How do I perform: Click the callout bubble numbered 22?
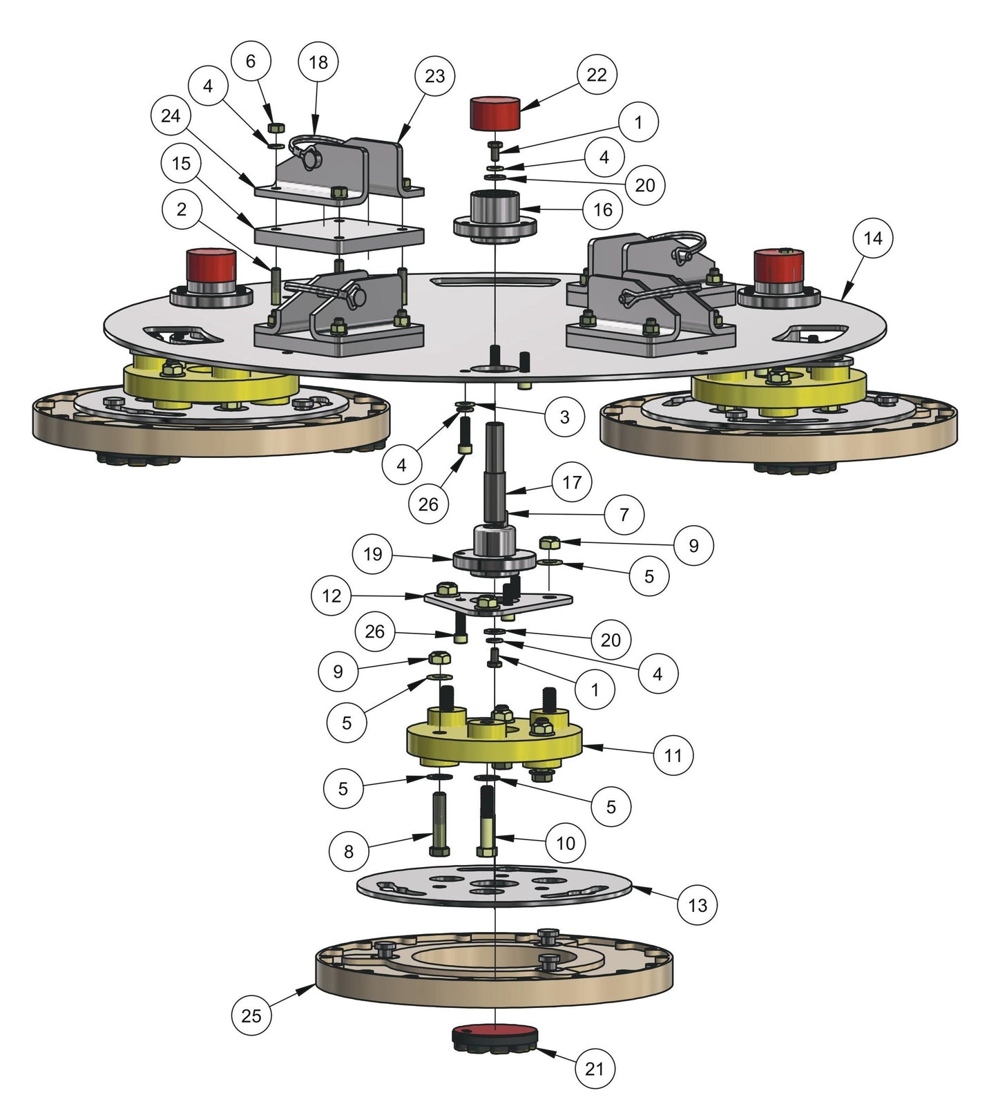pyautogui.click(x=596, y=75)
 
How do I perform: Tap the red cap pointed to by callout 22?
pyautogui.click(x=495, y=113)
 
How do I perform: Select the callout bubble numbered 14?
pyautogui.click(x=872, y=238)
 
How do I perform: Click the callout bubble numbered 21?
pyautogui.click(x=595, y=1069)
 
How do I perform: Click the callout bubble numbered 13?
pyautogui.click(x=698, y=905)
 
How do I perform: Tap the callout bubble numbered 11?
pyautogui.click(x=673, y=755)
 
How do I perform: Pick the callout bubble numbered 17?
pyautogui.click(x=572, y=482)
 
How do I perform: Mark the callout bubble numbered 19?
pyautogui.click(x=372, y=554)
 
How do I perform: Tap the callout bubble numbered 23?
pyautogui.click(x=434, y=75)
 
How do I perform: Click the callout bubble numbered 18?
pyautogui.click(x=318, y=62)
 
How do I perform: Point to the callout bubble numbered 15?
pyautogui.click(x=181, y=164)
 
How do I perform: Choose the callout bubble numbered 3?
pyautogui.click(x=564, y=417)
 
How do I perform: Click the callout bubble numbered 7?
pyautogui.click(x=624, y=515)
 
